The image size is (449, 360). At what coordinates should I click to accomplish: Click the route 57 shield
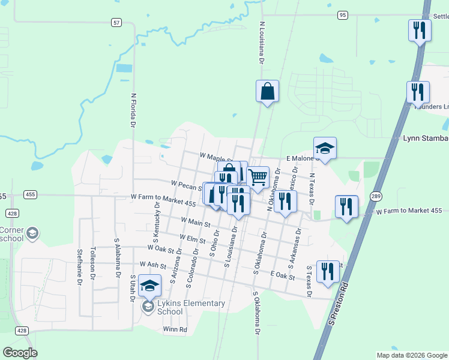click(x=116, y=22)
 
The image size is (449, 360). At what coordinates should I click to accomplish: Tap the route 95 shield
click(x=343, y=14)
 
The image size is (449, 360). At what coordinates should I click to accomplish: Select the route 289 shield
click(x=376, y=196)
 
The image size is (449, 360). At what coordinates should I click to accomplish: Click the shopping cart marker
click(x=258, y=178)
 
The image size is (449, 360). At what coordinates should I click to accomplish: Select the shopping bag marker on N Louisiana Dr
click(x=267, y=92)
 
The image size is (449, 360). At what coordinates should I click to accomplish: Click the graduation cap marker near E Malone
click(x=325, y=148)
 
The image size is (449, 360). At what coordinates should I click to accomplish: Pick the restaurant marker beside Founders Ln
click(x=418, y=92)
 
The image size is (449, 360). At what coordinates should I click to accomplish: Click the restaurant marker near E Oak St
click(x=328, y=271)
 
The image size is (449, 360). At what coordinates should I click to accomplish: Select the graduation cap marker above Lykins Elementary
click(x=149, y=285)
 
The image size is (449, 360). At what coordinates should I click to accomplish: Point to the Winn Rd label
click(x=175, y=329)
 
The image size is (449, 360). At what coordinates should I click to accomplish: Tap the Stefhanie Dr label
click(x=79, y=265)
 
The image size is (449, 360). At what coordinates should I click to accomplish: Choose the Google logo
click(x=20, y=353)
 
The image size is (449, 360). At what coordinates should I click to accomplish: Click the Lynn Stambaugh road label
click(x=426, y=138)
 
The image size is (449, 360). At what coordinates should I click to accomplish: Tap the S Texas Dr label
click(x=309, y=281)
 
